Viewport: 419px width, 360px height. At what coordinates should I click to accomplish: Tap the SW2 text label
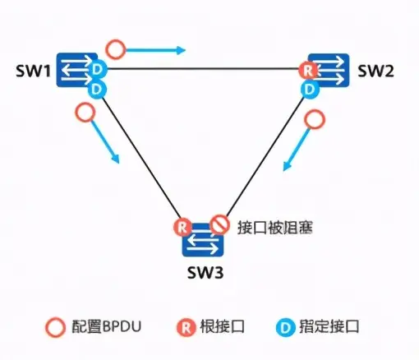[x=376, y=72]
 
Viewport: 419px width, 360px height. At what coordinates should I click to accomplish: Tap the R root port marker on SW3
[x=182, y=226]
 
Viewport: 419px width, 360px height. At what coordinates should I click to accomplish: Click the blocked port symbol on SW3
[x=219, y=222]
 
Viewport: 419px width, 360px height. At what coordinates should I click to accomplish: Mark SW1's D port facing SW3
[x=95, y=87]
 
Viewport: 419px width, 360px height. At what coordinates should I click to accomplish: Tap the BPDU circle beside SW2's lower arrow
[x=313, y=119]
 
